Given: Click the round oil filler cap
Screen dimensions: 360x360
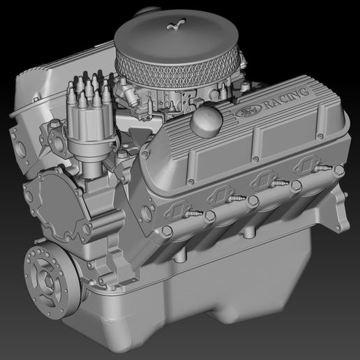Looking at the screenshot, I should click(x=205, y=121).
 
